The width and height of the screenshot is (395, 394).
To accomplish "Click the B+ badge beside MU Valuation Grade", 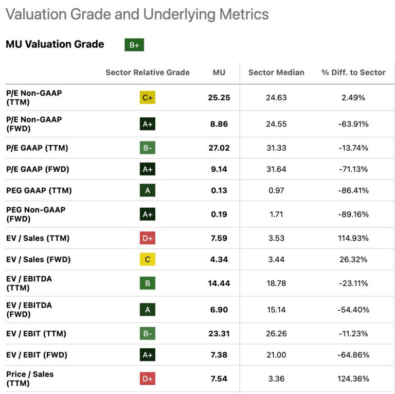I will click(x=134, y=45).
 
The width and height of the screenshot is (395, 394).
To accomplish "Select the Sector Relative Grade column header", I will click(x=148, y=73).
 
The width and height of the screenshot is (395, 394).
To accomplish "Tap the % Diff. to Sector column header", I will click(x=353, y=73).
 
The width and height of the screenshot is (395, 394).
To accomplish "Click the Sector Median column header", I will click(x=276, y=73).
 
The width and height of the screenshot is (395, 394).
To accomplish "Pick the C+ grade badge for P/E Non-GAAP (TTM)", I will click(x=148, y=98).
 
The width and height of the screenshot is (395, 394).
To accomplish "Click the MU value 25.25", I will click(x=219, y=98).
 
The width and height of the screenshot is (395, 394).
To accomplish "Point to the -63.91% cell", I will click(x=353, y=124).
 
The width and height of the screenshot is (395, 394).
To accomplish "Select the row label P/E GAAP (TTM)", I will click(x=37, y=148).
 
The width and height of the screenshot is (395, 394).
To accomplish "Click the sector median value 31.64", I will click(x=276, y=169).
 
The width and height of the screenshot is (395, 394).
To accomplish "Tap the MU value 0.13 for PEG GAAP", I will click(x=219, y=190).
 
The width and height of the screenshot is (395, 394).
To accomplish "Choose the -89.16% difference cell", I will click(x=353, y=214).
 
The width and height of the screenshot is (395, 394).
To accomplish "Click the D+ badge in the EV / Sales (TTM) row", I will click(x=148, y=238).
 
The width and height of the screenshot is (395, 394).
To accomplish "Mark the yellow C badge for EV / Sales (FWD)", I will click(x=148, y=259).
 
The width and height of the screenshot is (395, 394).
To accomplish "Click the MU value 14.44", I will click(x=219, y=283).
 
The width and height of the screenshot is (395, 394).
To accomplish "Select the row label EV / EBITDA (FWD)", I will click(x=29, y=310).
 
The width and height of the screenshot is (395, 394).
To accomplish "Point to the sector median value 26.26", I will click(x=276, y=334).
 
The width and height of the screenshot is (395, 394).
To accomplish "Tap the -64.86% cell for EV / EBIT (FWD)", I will click(x=353, y=355).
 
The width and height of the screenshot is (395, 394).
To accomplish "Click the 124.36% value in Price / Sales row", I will click(x=353, y=379).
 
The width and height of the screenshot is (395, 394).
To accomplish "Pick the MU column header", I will click(x=219, y=73).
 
